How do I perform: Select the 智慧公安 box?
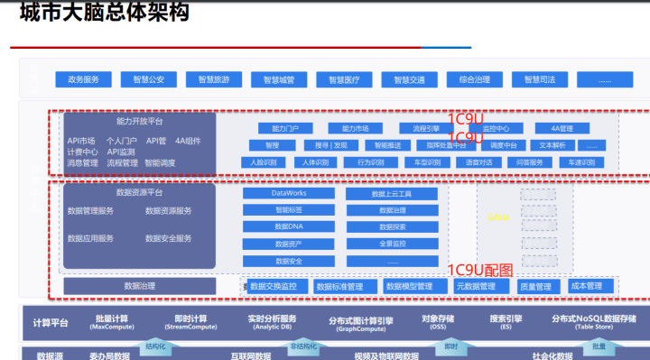click(x=148, y=79)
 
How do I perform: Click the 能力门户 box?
click(x=272, y=128)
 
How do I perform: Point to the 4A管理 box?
click(x=561, y=128)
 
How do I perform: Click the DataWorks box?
click(x=289, y=193)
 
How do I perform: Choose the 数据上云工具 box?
click(x=391, y=193)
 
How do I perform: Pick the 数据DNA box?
click(x=289, y=226)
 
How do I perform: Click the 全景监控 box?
click(x=391, y=244)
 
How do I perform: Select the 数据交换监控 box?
click(x=273, y=286)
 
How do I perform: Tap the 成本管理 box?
click(x=587, y=286)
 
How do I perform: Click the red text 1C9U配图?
click(x=480, y=270)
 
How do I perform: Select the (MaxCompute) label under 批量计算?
click(x=112, y=328)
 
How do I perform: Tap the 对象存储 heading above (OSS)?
click(x=438, y=318)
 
